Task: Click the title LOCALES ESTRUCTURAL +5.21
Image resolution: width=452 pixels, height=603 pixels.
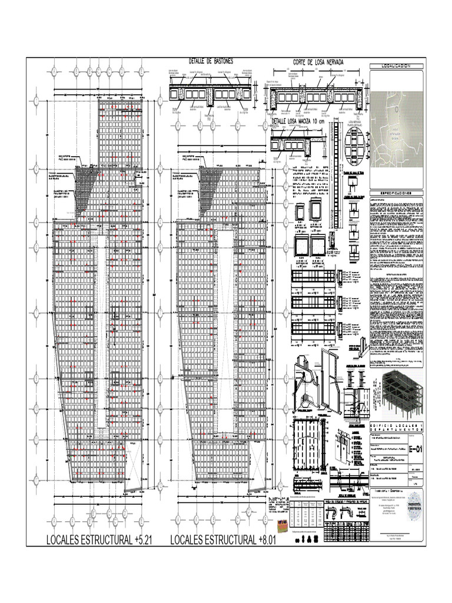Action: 99,540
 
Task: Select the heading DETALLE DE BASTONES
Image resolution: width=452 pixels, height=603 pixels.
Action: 211,61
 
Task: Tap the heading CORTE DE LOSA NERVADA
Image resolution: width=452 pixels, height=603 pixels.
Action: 318,62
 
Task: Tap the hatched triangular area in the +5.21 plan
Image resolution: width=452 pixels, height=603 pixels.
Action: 89,176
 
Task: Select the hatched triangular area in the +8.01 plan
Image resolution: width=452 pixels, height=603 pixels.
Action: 209,176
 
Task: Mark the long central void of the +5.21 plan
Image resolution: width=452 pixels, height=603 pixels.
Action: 102,330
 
